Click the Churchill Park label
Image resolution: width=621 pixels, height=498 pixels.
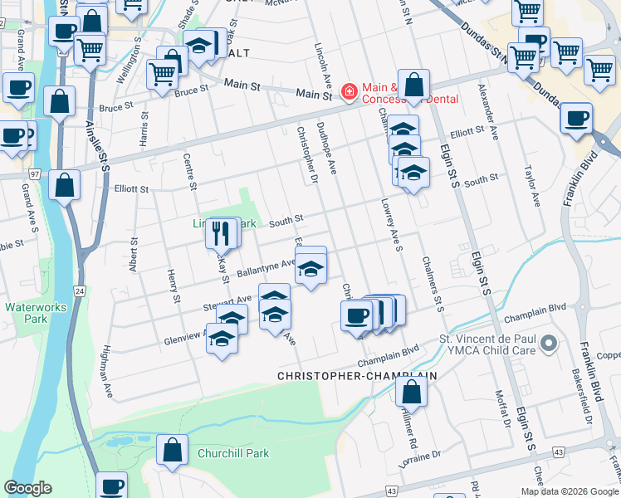pyautogui.click(x=233, y=454)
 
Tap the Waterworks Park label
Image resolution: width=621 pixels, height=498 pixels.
pyautogui.click(x=28, y=313)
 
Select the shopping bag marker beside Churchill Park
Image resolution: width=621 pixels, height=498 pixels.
pyautogui.click(x=172, y=451)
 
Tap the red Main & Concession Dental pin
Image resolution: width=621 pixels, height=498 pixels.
pyautogui.click(x=349, y=93)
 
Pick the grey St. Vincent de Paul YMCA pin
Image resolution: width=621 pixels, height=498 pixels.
pyautogui.click(x=547, y=342)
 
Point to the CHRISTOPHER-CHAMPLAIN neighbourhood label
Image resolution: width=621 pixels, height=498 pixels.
pyautogui.click(x=356, y=376)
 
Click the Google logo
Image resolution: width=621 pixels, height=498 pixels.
pyautogui.click(x=28, y=487)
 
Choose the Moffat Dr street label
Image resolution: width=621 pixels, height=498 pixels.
pyautogui.click(x=501, y=407)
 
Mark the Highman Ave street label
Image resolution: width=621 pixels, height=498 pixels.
pyautogui.click(x=106, y=372)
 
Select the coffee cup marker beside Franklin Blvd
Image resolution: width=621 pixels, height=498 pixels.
pyautogui.click(x=576, y=118)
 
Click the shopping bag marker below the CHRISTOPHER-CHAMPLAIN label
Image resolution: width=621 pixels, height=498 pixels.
pyautogui.click(x=411, y=390)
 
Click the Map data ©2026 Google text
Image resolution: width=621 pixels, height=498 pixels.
pyautogui.click(x=569, y=491)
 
